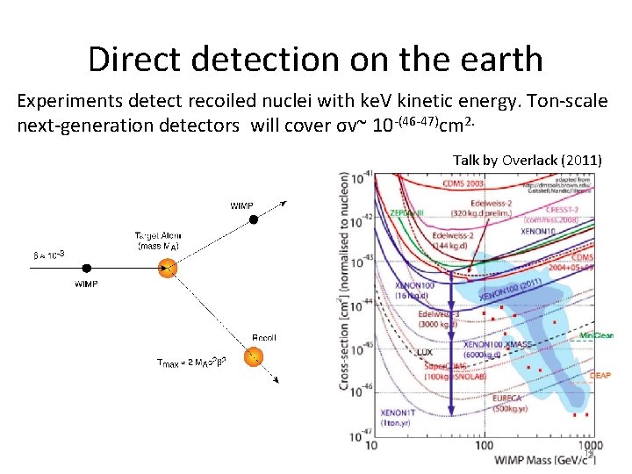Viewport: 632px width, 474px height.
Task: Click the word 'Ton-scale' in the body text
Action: tap(564, 101)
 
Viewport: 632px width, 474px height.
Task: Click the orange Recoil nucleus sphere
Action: tap(253, 357)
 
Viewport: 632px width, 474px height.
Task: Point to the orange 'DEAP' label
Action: tap(600, 376)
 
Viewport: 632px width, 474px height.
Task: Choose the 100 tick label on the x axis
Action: tap(484, 447)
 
